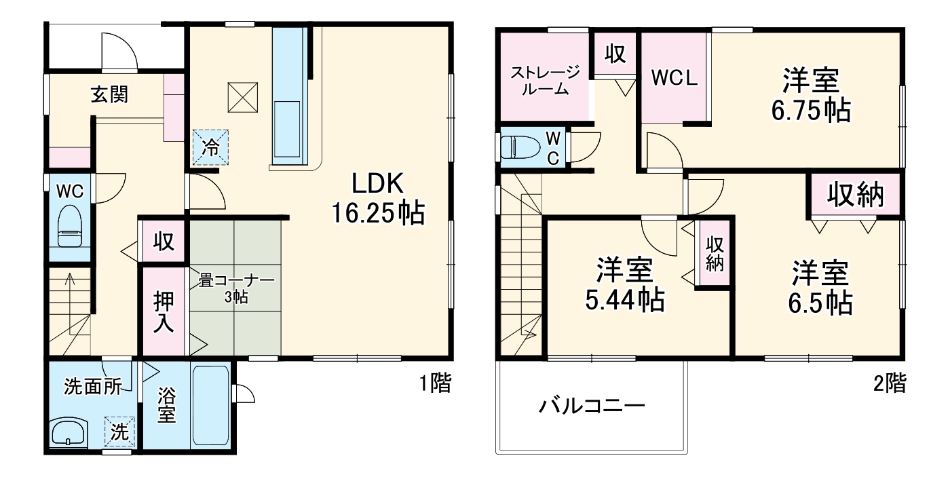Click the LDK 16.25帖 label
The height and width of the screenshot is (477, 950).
[377, 198]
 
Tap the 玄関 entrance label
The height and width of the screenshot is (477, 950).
[109, 94]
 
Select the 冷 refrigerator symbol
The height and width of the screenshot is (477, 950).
[212, 147]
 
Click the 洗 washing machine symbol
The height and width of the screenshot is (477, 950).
[119, 432]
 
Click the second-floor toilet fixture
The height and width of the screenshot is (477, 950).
[520, 147]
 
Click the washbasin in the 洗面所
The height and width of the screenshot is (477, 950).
[69, 432]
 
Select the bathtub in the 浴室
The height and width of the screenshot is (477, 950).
[211, 405]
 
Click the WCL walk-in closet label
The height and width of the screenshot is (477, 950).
[674, 78]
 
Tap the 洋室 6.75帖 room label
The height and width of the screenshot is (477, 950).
[810, 95]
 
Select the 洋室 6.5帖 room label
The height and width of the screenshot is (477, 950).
[820, 288]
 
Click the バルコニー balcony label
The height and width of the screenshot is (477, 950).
[591, 407]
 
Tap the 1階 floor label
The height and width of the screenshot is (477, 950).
[435, 384]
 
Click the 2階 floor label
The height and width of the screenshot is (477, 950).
[889, 384]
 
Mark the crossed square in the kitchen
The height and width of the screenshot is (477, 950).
[243, 96]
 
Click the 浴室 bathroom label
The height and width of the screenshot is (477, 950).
[166, 404]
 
